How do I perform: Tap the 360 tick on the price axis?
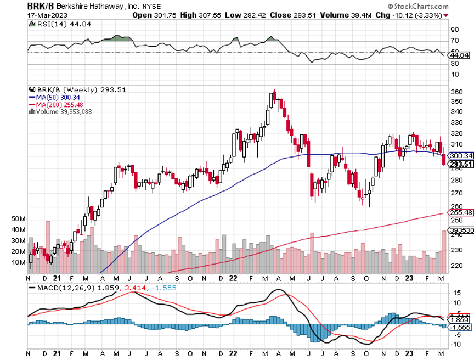(x=456, y=92)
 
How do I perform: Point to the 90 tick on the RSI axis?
(x=454, y=30)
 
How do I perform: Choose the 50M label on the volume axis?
(x=19, y=219)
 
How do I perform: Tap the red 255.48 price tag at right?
(x=460, y=212)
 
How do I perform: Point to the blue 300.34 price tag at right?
(x=460, y=156)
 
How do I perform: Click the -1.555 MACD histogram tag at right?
(x=460, y=327)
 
